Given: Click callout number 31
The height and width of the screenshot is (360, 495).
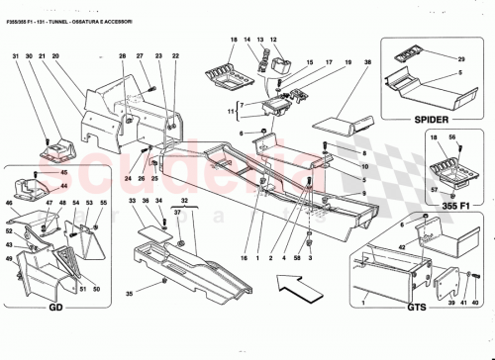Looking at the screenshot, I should (16, 56).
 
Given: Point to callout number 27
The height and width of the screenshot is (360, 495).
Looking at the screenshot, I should (140, 56).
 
